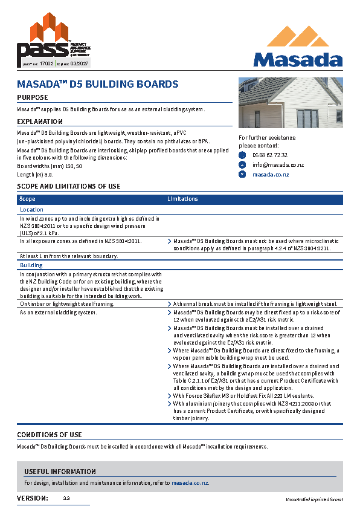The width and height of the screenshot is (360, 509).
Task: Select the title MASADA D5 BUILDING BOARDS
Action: click(97, 84)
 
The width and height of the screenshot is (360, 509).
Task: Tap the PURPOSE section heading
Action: click(33, 97)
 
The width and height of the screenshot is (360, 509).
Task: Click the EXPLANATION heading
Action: click(40, 122)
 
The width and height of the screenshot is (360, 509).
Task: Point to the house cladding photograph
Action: click(291, 102)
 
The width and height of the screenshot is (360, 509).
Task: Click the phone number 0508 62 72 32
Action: click(269, 155)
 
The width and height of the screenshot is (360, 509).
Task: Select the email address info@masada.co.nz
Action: click(278, 165)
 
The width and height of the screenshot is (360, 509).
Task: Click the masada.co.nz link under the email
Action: click(271, 175)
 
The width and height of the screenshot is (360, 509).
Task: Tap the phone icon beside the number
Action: click(243, 155)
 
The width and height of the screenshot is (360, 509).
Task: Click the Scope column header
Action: click(27, 199)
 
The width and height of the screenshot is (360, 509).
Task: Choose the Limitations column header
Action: click(182, 199)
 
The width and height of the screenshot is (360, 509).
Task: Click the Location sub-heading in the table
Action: click(32, 210)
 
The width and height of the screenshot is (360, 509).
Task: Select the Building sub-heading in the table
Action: click(31, 265)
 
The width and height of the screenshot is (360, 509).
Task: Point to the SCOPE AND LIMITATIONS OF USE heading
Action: click(68, 187)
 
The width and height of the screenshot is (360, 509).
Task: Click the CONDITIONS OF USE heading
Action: click(50, 435)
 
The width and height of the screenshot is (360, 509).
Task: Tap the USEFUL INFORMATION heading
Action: click(60, 472)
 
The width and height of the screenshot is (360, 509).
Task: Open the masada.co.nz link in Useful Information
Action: click(190, 483)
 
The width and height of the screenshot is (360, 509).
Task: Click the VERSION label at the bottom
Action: click(33, 498)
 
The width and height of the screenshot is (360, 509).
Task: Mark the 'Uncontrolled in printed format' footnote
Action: click(314, 499)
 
